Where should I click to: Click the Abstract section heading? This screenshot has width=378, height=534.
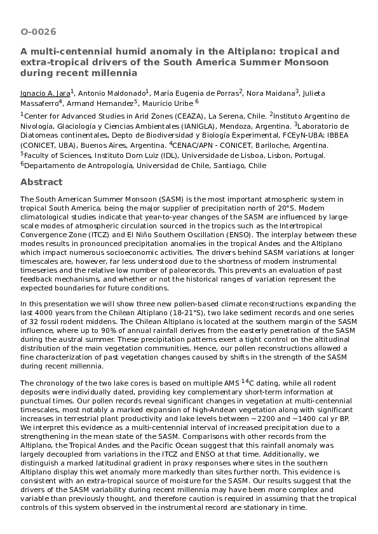tap(41, 182)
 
